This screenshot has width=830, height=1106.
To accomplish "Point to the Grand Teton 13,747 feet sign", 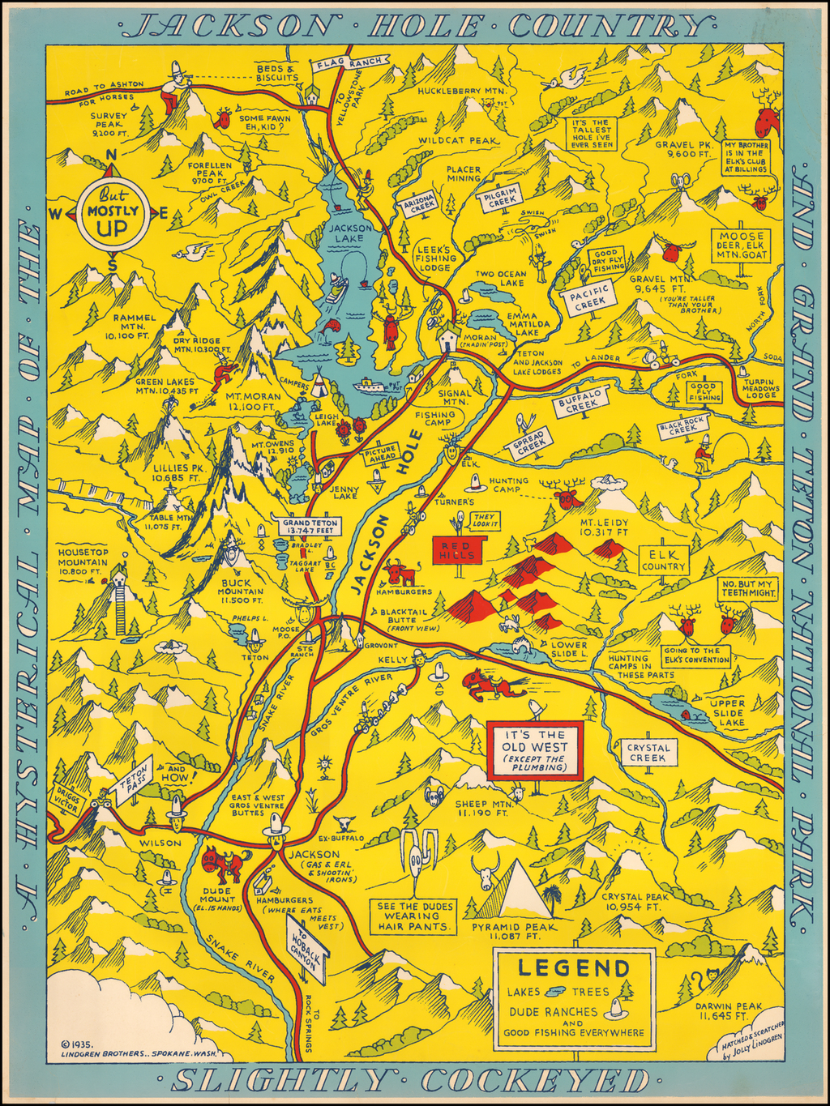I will (310, 527).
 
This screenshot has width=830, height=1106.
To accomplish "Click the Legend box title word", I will (574, 967).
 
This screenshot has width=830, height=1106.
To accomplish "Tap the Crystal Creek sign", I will (648, 753).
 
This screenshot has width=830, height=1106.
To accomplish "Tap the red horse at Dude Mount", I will (220, 864).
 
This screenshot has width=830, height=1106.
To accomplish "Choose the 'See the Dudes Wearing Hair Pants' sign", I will (413, 916).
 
